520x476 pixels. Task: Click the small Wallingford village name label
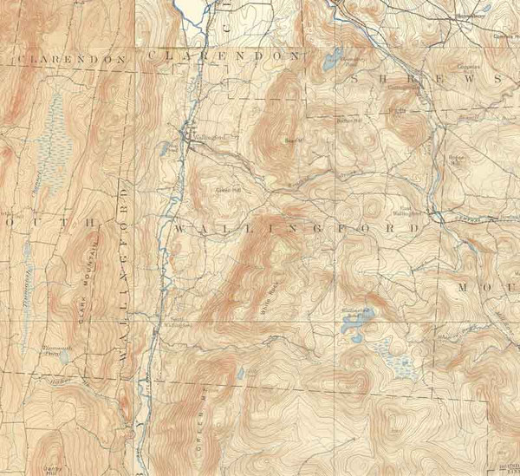coord(203,136)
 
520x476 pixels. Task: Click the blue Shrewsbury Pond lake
coord(332,62)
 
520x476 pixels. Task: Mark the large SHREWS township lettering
coord(425,78)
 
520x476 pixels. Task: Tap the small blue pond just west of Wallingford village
coord(163,148)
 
